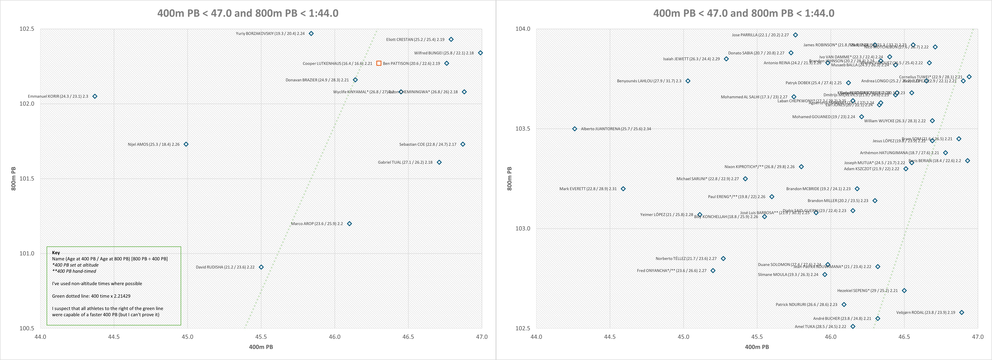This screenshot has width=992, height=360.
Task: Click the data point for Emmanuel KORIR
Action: click(95, 96)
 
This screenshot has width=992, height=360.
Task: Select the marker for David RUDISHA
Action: click(261, 267)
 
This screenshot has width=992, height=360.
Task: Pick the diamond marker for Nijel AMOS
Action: click(186, 144)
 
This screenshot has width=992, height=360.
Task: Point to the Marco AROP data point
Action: click(349, 224)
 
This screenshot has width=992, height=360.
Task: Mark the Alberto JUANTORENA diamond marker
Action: click(575, 129)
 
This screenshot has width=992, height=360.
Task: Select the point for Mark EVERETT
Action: click(623, 189)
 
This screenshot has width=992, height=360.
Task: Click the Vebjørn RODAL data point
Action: click(962, 313)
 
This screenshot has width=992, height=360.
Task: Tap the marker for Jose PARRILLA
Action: click(795, 35)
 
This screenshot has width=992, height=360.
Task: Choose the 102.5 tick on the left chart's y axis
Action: click(27, 29)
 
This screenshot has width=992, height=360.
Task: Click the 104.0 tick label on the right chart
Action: click(523, 29)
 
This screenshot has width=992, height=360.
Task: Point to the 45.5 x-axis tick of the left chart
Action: click(261, 337)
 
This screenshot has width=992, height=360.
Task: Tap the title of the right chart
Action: click(744, 13)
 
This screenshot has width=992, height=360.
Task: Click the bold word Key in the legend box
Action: click(56, 253)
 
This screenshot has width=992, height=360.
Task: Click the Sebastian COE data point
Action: click(463, 144)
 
